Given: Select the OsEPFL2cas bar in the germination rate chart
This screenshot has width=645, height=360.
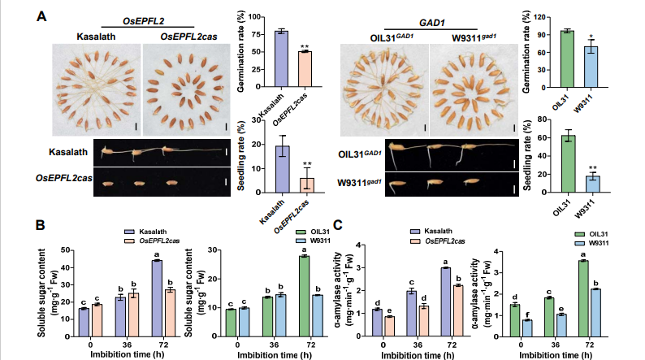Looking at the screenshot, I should point(305,68).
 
